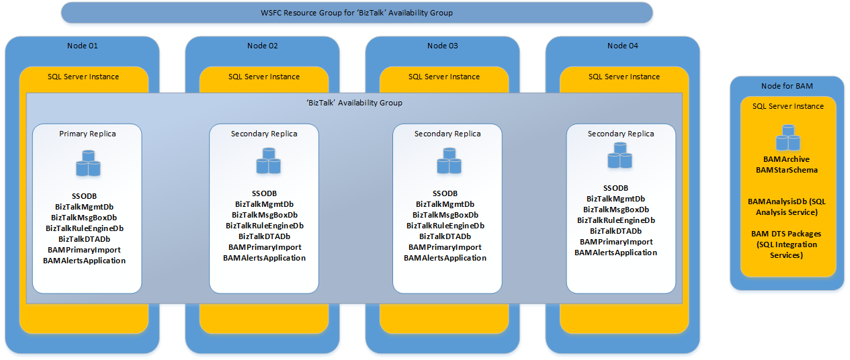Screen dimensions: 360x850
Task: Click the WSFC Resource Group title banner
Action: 356,13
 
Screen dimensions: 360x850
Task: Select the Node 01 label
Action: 83,46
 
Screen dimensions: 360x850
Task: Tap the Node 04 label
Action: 622,46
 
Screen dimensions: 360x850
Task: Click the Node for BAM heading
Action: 787,85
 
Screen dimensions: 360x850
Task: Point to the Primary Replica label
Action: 87,134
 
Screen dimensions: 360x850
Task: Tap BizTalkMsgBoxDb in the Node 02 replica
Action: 265,215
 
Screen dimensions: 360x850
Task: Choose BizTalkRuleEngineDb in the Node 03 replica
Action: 445,226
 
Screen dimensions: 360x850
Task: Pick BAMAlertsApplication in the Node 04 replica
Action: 615,253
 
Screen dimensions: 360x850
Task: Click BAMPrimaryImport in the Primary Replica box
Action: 84,250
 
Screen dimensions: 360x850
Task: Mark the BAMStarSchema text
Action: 787,171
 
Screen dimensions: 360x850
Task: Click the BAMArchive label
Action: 787,160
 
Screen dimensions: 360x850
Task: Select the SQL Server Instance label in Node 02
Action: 264,77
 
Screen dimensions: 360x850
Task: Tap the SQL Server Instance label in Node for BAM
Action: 788,106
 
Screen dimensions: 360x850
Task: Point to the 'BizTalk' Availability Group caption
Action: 354,103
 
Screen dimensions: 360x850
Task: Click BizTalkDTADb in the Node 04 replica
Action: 615,231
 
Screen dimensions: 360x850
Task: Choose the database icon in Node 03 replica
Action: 446,165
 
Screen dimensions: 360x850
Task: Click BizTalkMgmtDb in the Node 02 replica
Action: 264,204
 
